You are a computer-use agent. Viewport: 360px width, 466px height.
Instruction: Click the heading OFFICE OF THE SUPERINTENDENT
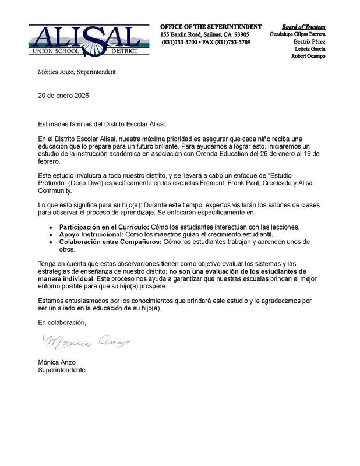pos(211,27)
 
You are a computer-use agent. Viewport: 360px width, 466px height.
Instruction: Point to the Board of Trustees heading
pos(303,27)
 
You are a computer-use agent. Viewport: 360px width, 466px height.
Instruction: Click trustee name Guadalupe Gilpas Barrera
pos(298,34)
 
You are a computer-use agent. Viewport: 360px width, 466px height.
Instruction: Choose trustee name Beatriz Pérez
pos(308,42)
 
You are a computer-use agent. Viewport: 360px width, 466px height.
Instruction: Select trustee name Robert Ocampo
pos(306,57)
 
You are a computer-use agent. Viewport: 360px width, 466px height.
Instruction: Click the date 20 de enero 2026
pos(63,94)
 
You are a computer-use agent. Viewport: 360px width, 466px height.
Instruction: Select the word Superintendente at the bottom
pos(62,369)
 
